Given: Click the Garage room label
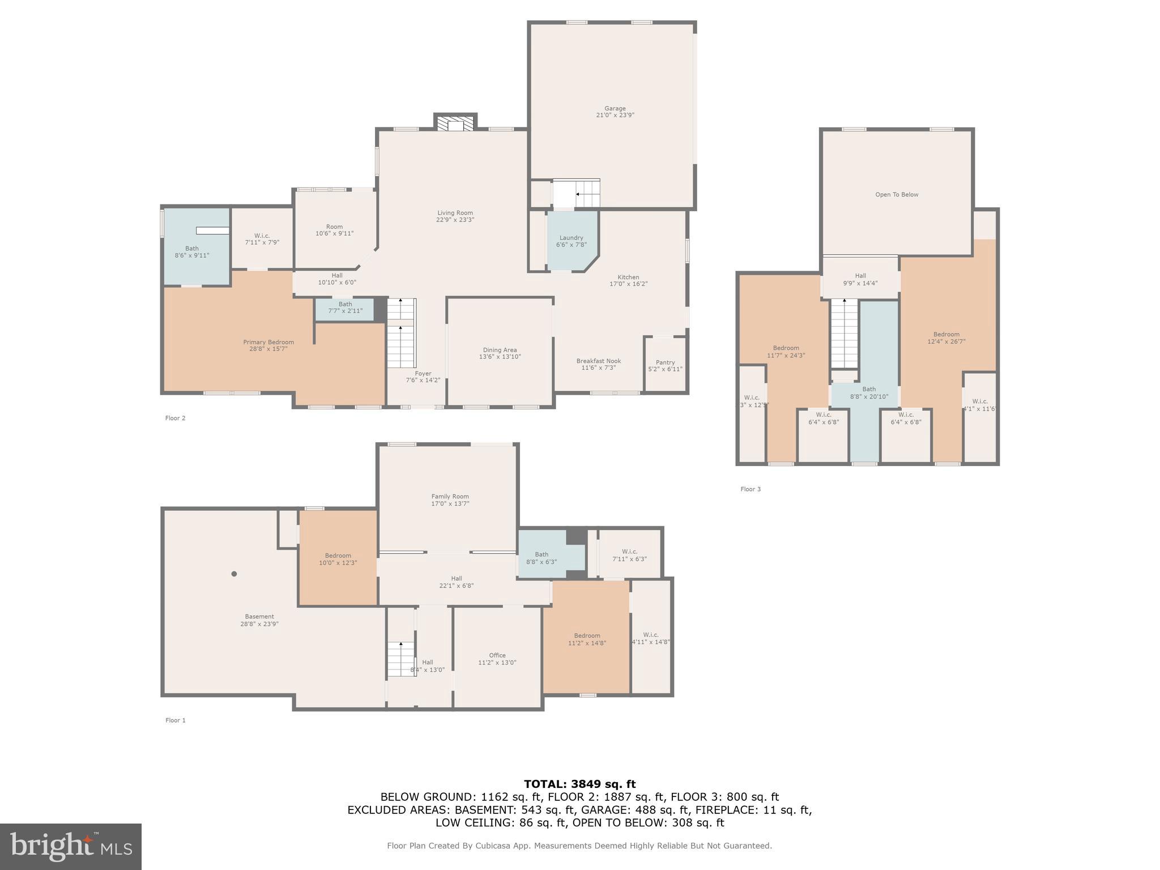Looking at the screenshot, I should [615, 108].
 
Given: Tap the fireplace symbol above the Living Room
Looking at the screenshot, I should [455, 124].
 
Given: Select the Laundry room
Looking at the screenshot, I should [571, 241].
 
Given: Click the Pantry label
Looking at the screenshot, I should [665, 362].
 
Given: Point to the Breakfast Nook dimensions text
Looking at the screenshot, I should [598, 368].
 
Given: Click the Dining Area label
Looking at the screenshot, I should [500, 350].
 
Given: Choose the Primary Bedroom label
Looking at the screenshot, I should [268, 342].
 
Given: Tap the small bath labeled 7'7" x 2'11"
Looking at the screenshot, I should [345, 308].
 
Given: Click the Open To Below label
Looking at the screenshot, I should [897, 195].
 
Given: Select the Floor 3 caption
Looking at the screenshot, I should [750, 489].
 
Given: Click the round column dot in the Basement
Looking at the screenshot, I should [234, 574].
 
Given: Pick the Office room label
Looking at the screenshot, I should [497, 655].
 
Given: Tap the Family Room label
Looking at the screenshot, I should [450, 497].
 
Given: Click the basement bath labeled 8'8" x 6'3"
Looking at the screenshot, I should [541, 558].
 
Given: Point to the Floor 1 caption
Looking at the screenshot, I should [176, 720].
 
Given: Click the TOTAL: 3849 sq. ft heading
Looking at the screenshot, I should [579, 784].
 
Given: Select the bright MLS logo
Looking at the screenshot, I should [70, 846].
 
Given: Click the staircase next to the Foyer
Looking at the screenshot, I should [401, 334].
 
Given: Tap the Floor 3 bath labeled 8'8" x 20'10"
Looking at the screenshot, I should [869, 393].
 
